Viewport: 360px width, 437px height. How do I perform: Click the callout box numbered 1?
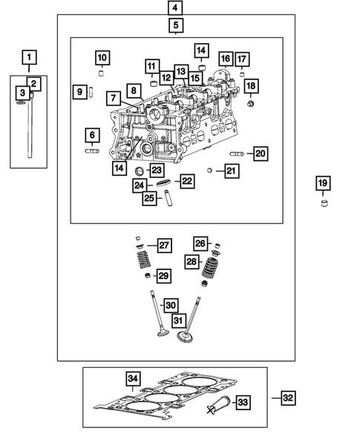tap(28, 57)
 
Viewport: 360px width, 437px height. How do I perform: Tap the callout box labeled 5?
tap(176, 27)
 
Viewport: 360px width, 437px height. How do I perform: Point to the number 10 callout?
tap(102, 58)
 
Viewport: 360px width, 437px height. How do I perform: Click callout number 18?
tap(250, 86)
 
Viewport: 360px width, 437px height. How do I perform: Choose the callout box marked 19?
tap(322, 183)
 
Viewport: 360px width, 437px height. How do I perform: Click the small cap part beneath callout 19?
tap(323, 203)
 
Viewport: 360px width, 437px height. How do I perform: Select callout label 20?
tap(259, 154)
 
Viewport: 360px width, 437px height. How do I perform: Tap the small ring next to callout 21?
tap(211, 171)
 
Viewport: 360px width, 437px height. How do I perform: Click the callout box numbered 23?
tap(157, 170)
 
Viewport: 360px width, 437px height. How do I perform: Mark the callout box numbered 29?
tap(163, 275)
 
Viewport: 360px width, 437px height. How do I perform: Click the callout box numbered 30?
tap(170, 305)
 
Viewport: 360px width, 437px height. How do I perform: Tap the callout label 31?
tap(179, 321)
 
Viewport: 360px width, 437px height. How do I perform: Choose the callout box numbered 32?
tap(288, 398)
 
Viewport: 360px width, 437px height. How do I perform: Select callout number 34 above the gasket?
tap(132, 379)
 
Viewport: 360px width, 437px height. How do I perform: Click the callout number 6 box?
tap(92, 135)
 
